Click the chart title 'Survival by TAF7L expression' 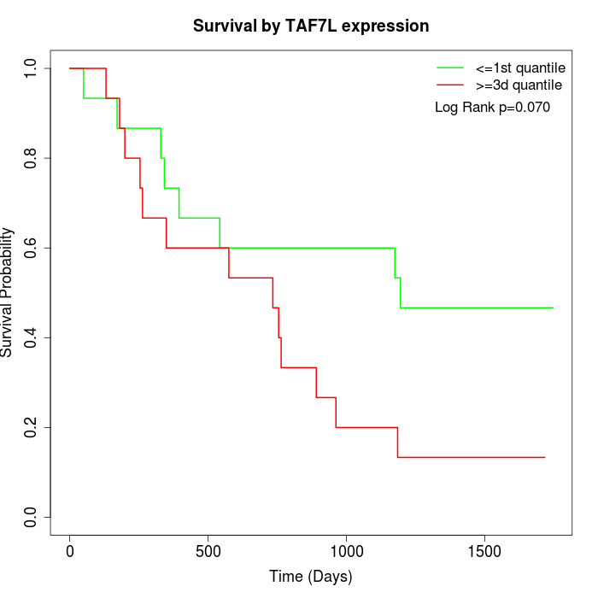[x=311, y=26]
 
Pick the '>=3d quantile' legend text [x=519, y=85]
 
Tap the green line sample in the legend [x=450, y=67]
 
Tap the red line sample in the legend [x=450, y=85]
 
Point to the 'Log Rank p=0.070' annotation [x=492, y=108]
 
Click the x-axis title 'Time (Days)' [x=310, y=577]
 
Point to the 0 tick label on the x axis [x=70, y=551]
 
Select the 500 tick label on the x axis [x=208, y=551]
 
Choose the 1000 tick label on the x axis [x=347, y=551]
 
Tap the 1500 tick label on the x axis [x=485, y=551]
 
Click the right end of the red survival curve [x=544, y=457]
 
